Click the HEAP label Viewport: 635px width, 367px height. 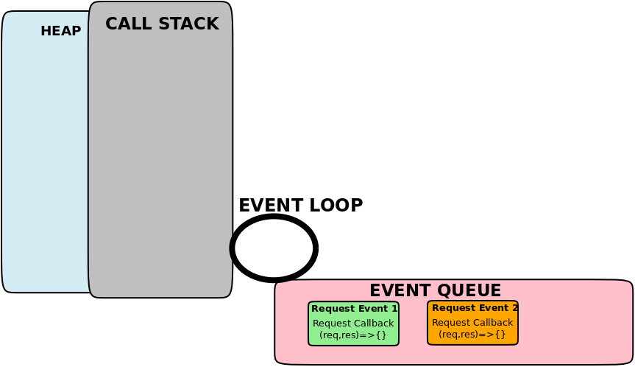point(60,31)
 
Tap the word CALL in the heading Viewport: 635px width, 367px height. point(126,24)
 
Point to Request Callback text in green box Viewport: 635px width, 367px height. point(353,323)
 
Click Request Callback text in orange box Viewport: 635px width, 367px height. point(472,322)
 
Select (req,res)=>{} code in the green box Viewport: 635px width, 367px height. point(353,335)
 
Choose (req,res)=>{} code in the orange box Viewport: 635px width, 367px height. point(472,334)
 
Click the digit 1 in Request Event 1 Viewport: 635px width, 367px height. point(394,308)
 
